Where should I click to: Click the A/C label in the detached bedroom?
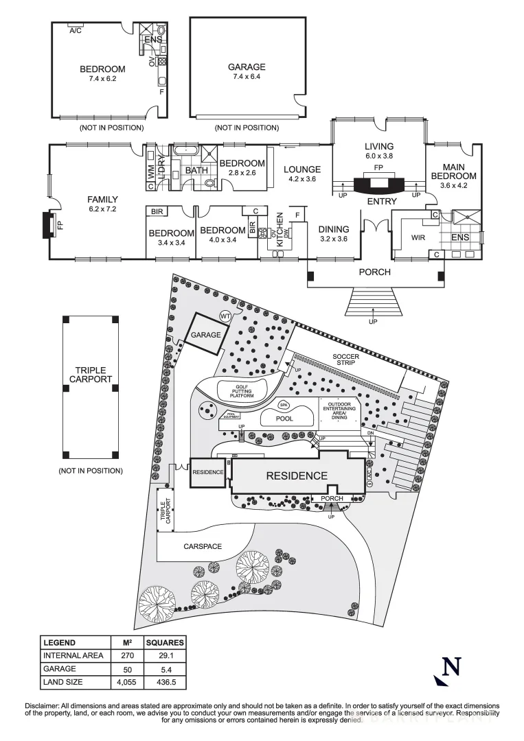76,30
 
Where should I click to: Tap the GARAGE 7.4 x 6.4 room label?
247,71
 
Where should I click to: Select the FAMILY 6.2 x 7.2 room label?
102,204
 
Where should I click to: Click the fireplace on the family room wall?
48,224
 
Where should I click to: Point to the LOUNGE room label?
302,174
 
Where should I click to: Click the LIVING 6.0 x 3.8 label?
378,150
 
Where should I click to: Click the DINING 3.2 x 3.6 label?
334,234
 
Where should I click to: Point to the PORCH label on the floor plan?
375,272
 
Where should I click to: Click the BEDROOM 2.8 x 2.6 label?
242,167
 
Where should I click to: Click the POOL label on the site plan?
284,419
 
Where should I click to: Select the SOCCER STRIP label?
346,360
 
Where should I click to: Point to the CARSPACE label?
204,547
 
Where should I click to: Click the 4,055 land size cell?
126,682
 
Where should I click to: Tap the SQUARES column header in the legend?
165,643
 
